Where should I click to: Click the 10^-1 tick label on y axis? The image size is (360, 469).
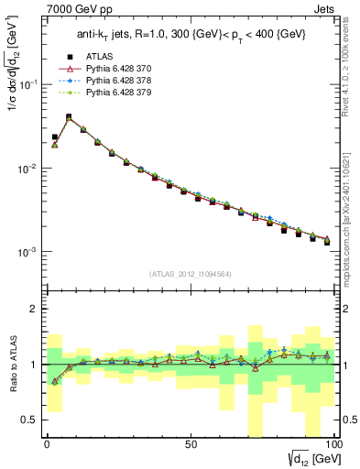pyautogui.click(x=28, y=84)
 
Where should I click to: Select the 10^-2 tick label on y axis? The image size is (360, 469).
pyautogui.click(x=28, y=169)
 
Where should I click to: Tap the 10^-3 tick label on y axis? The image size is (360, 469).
pyautogui.click(x=28, y=252)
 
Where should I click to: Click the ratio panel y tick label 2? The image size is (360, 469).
pyautogui.click(x=35, y=309)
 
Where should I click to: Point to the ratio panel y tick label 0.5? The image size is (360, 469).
pyautogui.click(x=31, y=420)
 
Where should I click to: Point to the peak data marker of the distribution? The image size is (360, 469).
pyautogui.click(x=69, y=117)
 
